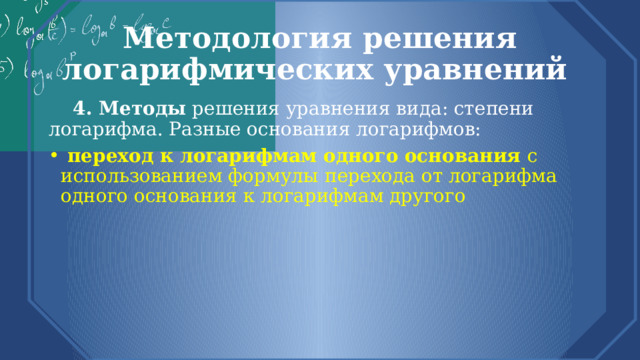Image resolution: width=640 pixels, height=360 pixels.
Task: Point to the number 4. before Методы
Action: click(x=84, y=109)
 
